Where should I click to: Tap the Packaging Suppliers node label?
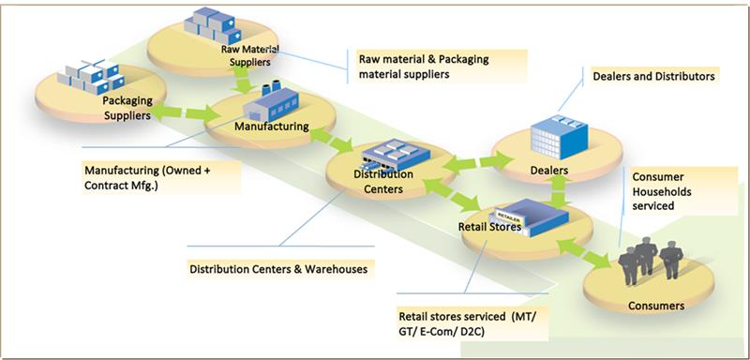126,109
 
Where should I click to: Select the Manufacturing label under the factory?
271,126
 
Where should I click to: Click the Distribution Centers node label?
379,181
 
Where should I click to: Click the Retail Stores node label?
490,226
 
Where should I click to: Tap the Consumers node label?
656,306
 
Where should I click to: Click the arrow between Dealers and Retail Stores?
560,195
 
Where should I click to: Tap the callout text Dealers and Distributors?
650,77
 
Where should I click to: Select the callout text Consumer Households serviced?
667,192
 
